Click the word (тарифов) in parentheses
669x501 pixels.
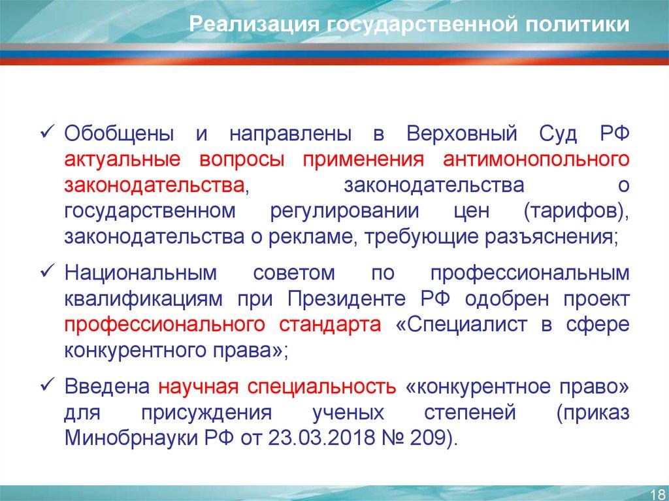pos(576,212)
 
